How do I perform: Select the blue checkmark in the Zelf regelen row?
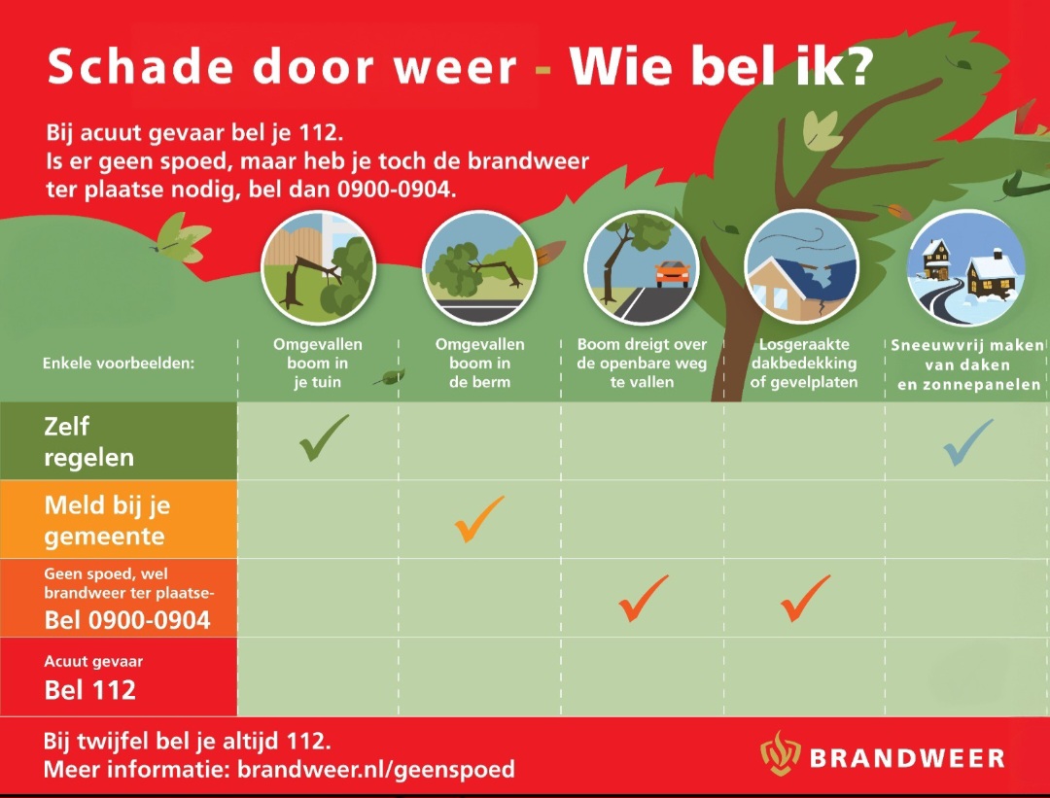pos(967,442)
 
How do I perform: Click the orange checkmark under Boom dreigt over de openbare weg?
pos(644,598)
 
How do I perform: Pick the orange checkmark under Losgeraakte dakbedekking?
pos(805,598)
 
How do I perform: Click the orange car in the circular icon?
pos(672,274)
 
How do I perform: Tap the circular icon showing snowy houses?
pos(965,267)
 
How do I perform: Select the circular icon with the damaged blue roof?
pos(802,267)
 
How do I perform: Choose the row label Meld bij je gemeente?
pos(107,520)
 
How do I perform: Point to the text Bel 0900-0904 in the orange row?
pos(127,619)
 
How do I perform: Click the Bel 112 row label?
pos(90,690)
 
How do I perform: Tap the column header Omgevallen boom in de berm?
pos(479,363)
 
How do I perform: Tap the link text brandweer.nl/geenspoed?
pos(376,770)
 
